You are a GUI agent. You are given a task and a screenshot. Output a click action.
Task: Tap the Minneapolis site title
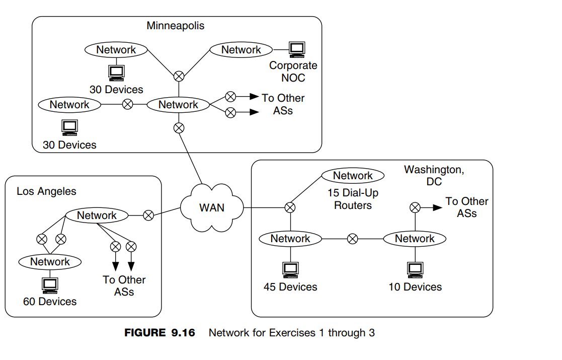coord(176,25)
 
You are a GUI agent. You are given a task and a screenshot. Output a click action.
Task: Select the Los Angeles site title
coord(46,191)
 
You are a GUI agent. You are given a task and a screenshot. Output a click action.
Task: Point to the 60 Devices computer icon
coord(50,285)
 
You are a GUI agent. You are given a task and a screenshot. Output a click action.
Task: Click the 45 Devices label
coord(290,287)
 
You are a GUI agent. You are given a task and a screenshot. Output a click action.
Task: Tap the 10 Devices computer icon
coord(415,270)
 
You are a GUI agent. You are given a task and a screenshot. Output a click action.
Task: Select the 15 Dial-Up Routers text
coord(353,199)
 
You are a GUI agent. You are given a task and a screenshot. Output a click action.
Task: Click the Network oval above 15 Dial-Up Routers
coord(353,176)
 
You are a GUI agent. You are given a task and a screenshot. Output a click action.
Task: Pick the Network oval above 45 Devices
coord(290,239)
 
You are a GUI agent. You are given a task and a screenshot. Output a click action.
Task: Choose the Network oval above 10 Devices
coord(415,239)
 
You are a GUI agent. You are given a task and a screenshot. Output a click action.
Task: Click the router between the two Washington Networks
coord(353,239)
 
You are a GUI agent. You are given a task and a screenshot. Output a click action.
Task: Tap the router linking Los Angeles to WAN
coord(148,215)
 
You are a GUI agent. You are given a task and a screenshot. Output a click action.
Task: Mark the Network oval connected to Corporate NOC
coord(241,49)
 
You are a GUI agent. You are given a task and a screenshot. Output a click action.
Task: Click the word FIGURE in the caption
coord(145,333)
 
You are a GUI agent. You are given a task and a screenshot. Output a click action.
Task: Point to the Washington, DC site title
coord(434,175)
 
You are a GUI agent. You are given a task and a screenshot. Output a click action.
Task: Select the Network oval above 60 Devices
coord(50,262)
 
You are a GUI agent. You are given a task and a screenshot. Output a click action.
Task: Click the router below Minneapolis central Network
coord(179,128)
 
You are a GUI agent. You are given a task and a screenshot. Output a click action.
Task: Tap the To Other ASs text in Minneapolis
coord(283,104)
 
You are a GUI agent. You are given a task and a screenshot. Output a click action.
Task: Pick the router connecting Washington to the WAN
coord(290,207)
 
